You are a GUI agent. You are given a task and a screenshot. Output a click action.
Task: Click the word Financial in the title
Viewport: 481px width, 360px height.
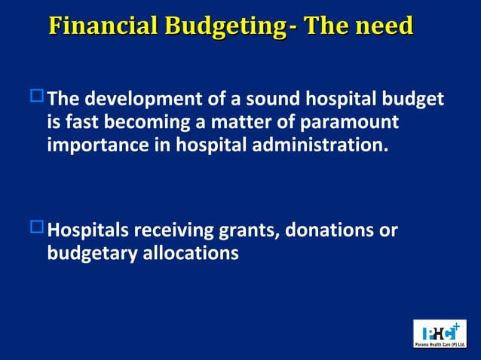tap(103, 26)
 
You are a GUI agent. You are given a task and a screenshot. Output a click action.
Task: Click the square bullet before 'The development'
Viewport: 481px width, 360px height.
tap(37, 96)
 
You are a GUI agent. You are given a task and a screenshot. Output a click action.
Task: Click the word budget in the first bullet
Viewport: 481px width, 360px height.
tap(414, 99)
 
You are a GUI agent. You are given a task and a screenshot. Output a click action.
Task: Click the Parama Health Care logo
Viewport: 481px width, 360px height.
tap(440, 334)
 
